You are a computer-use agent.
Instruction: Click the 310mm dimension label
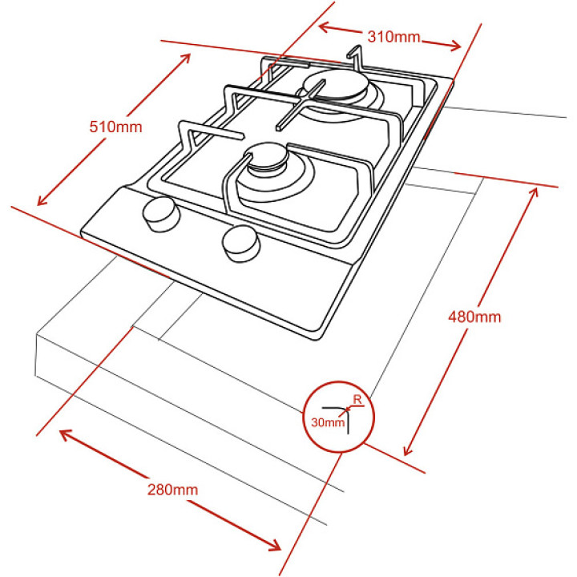click(393, 37)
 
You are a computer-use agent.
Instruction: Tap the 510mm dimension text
click(115, 127)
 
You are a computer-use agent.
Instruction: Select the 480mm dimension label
click(474, 317)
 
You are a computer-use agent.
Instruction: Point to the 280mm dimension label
click(172, 490)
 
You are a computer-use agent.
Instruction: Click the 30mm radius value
click(328, 422)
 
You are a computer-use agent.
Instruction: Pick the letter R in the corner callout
click(357, 399)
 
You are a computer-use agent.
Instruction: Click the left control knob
click(161, 214)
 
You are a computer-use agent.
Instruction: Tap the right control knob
click(241, 244)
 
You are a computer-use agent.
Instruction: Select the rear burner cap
click(336, 86)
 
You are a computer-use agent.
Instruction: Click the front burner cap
click(266, 157)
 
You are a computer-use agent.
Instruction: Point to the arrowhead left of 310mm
click(323, 27)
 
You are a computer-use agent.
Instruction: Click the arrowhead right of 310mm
click(455, 45)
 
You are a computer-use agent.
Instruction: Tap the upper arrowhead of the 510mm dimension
click(185, 59)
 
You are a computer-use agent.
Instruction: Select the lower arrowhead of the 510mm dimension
click(42, 200)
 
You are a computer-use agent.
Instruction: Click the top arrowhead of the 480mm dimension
click(534, 192)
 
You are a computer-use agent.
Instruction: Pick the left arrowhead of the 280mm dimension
click(66, 434)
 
